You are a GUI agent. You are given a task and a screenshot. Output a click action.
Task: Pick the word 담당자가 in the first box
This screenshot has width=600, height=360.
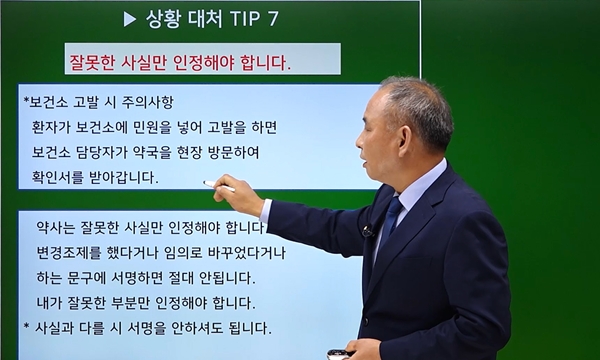pos(112,153)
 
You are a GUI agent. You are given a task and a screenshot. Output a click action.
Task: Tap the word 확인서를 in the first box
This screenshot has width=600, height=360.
pos(65,177)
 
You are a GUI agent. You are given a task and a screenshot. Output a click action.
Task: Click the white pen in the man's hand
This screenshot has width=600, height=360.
pos(219,185)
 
